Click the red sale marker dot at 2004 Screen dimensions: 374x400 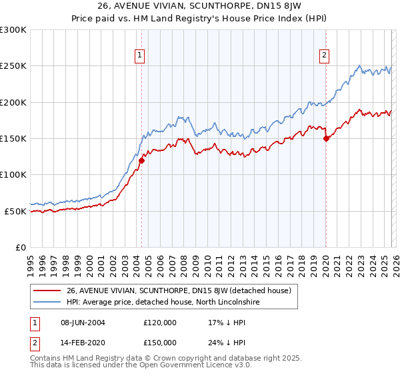(141, 160)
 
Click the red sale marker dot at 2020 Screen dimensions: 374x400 (326, 139)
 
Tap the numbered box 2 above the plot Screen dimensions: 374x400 (325, 55)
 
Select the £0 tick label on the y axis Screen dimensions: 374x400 (21, 247)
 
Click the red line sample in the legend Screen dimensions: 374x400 (47, 291)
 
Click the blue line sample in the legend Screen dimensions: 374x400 (47, 302)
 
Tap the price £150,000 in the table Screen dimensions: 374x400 (160, 342)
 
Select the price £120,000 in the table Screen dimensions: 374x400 (160, 322)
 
